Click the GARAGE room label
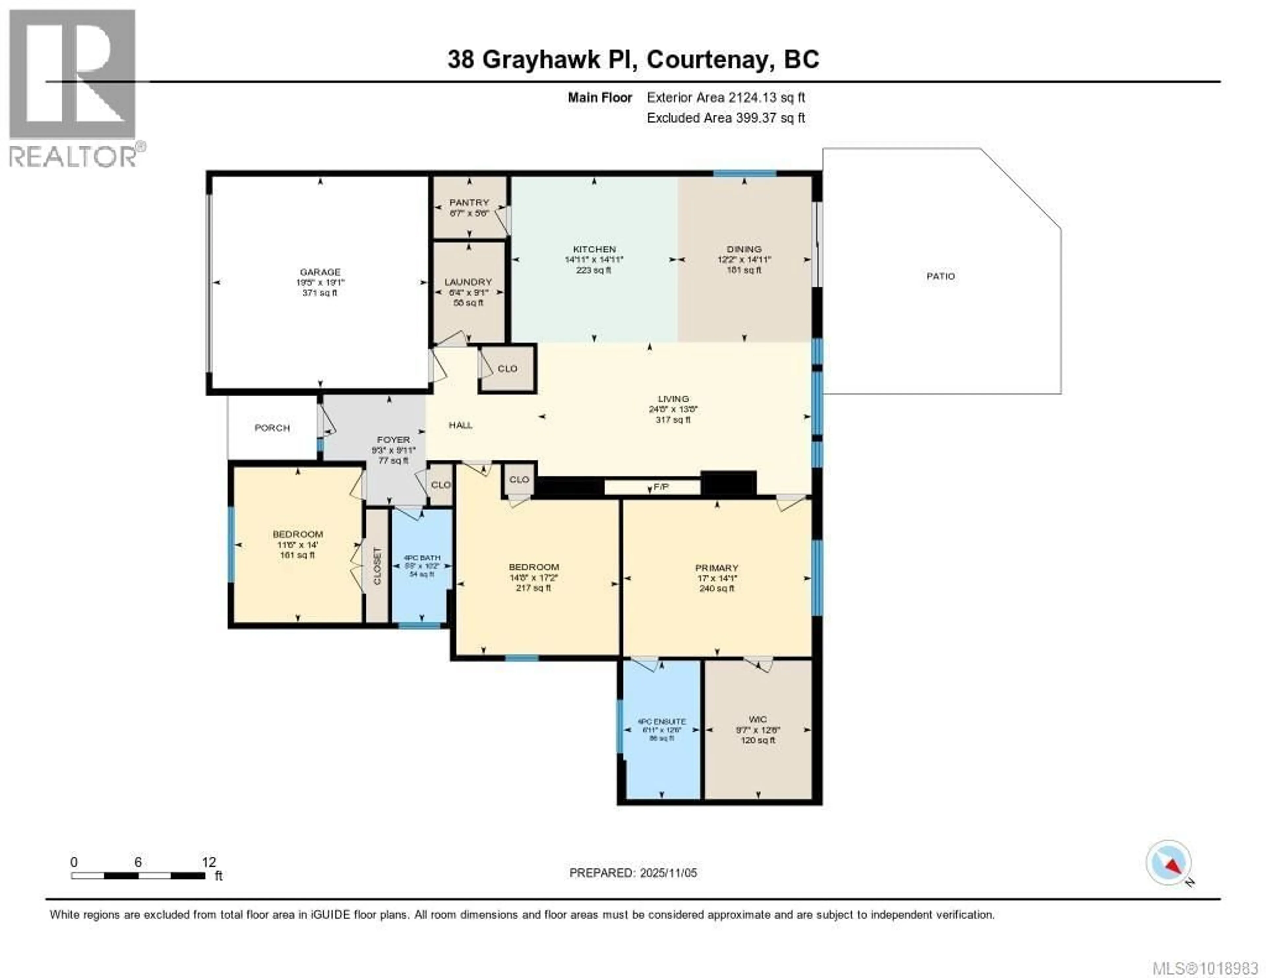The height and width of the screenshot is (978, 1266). pos(320,272)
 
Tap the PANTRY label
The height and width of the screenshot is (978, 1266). pos(469,202)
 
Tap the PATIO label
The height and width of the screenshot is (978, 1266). pos(940,277)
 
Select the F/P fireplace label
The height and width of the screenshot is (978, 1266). pos(661,487)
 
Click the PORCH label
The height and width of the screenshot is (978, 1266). pos(272,428)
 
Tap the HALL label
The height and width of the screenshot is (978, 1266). pos(460,425)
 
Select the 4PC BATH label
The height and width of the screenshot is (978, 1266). pos(422,558)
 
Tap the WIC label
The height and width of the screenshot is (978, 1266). pos(758,719)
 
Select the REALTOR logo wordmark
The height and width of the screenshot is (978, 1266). pos(73,157)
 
